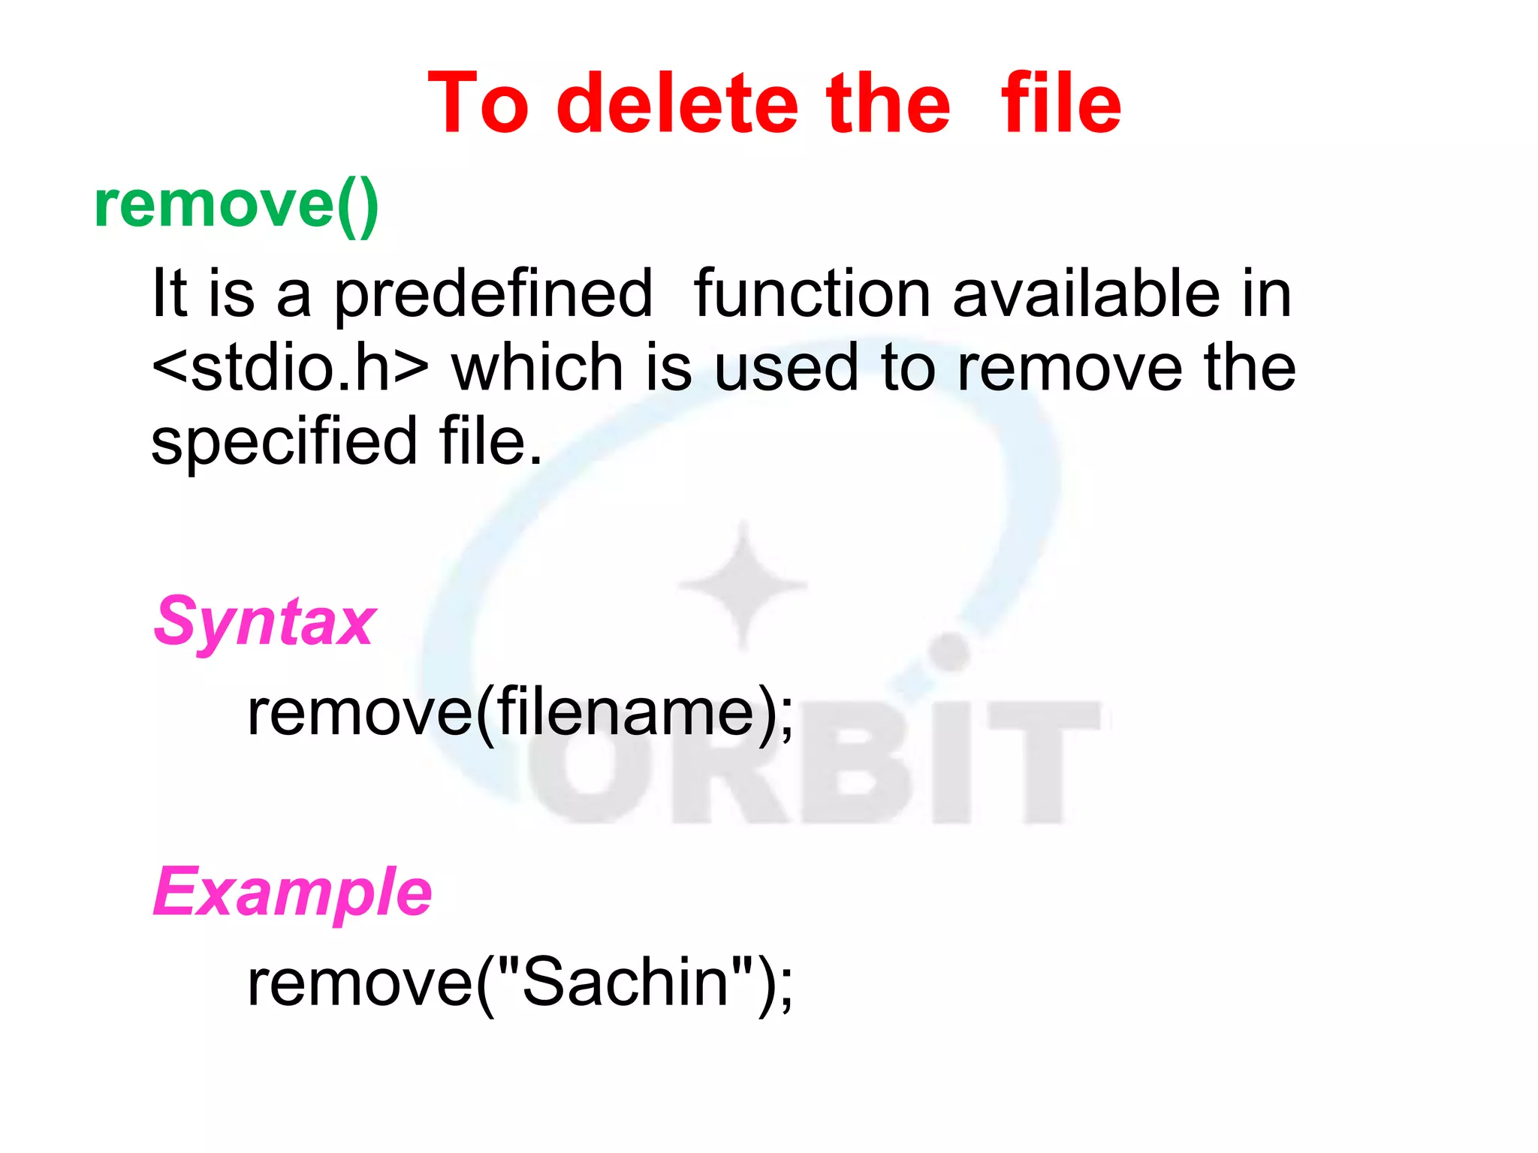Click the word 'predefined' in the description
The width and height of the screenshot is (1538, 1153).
pos(493,295)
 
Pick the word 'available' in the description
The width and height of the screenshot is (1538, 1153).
pos(1087,294)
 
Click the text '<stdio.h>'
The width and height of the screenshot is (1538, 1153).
pos(290,368)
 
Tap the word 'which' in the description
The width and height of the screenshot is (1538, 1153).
pos(537,368)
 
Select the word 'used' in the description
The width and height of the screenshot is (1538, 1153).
pos(786,368)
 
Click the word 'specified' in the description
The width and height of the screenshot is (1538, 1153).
pos(284,443)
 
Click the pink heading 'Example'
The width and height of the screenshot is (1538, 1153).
pos(292,893)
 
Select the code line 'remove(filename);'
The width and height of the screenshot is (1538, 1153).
pos(520,712)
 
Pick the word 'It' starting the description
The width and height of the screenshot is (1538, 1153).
pos(169,294)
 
